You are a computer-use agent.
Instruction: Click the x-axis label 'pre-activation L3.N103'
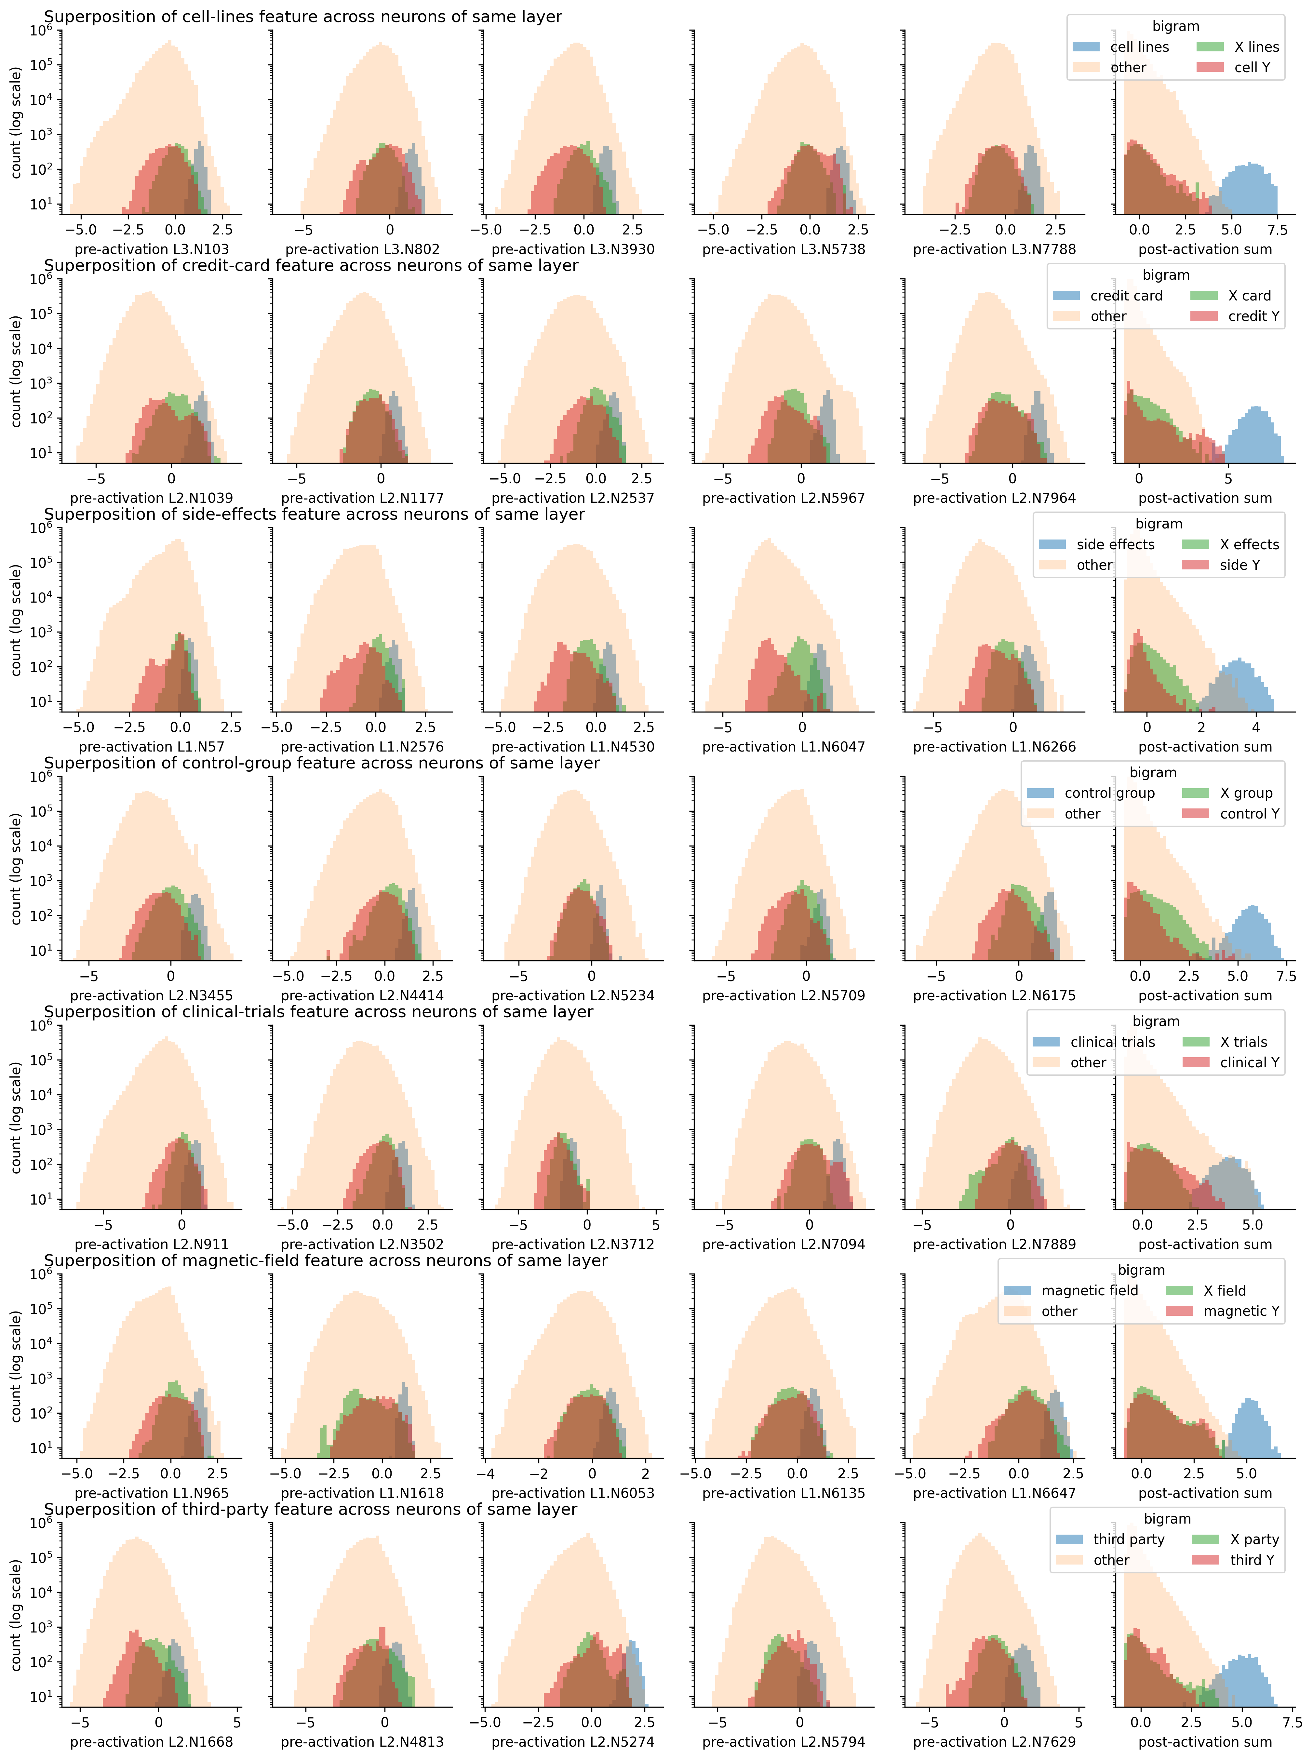tap(151, 249)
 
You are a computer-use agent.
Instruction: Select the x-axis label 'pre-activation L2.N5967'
tap(783, 498)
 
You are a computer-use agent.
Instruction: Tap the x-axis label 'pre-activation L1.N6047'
tap(783, 747)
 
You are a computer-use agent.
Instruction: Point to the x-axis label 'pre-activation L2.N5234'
tap(572, 995)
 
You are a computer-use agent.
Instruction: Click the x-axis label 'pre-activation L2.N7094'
tap(783, 1244)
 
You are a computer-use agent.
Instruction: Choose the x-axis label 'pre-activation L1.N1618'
tap(362, 1493)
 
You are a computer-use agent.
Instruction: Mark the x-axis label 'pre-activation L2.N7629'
tap(994, 1741)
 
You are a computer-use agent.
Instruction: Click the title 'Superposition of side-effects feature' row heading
tap(314, 514)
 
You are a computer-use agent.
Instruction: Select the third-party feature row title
tap(310, 1509)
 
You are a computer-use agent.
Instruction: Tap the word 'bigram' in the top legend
tap(1175, 26)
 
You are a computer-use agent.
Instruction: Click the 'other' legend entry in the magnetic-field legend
tap(1059, 1311)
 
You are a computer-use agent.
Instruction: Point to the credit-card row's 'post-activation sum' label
tap(1205, 498)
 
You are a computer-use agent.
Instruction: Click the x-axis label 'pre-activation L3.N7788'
tap(994, 249)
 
